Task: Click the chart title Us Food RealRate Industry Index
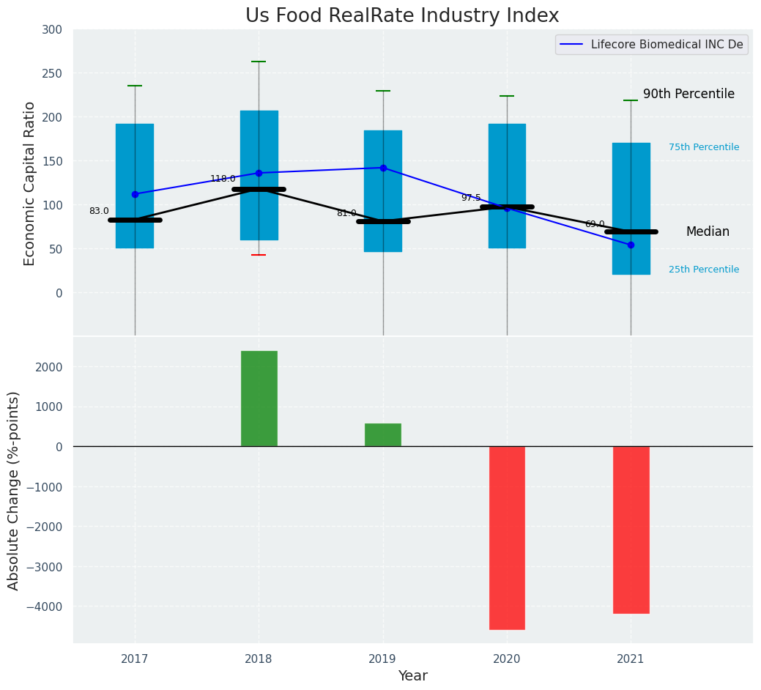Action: tap(402, 16)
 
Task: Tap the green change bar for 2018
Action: tap(259, 398)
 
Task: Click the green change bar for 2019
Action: tap(383, 435)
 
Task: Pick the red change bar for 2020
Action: tap(507, 538)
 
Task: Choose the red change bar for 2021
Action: tap(631, 530)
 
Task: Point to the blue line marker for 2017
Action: tap(135, 194)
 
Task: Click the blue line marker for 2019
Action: tap(383, 168)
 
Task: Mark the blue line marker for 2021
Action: tap(631, 245)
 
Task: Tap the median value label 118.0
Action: tap(223, 179)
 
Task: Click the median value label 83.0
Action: tap(99, 211)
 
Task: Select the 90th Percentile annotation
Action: tap(688, 94)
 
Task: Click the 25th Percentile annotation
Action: tap(704, 270)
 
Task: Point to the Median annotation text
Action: tap(708, 231)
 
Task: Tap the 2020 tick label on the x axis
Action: tap(507, 659)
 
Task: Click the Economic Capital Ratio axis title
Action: tap(30, 183)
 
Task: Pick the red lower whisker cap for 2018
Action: tap(259, 255)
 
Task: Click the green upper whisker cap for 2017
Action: tap(135, 86)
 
